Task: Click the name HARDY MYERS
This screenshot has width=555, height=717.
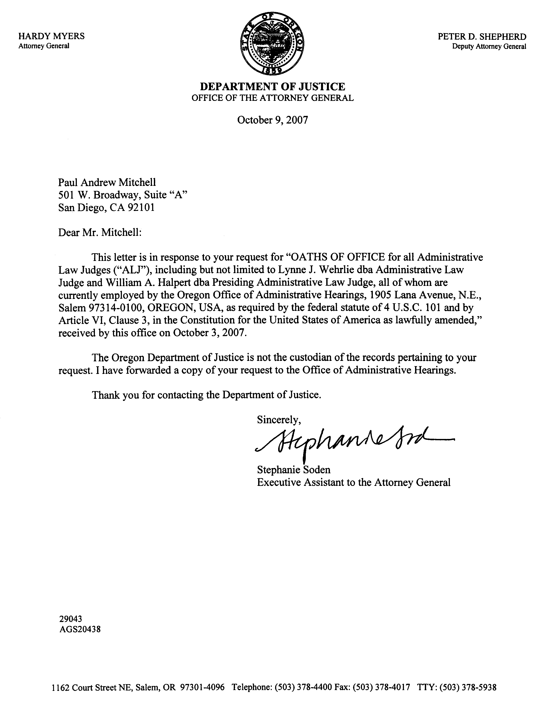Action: [51, 36]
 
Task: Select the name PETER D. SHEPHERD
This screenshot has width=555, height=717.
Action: [482, 37]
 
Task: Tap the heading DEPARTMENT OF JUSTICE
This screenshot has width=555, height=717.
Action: [273, 87]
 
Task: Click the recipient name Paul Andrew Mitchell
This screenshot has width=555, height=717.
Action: [107, 182]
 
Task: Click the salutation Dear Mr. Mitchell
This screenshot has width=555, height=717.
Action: [100, 233]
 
